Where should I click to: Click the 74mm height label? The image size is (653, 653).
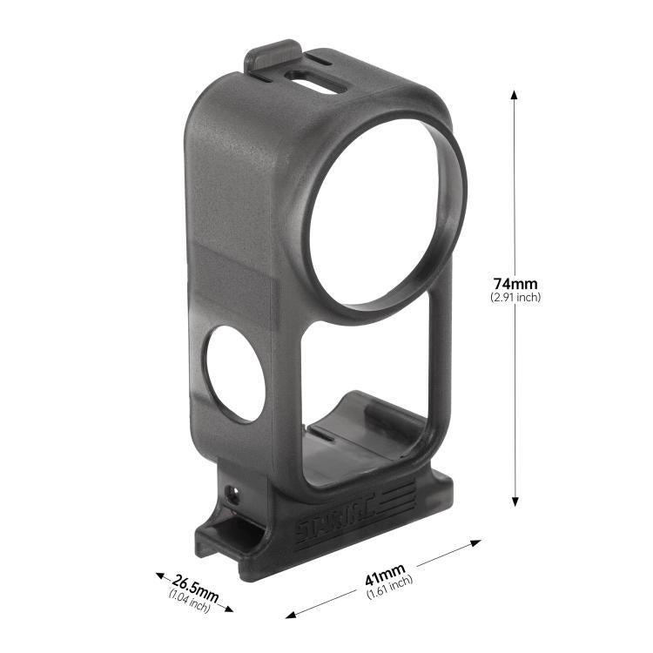point(515,283)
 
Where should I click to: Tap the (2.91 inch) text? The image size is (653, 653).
point(515,298)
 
